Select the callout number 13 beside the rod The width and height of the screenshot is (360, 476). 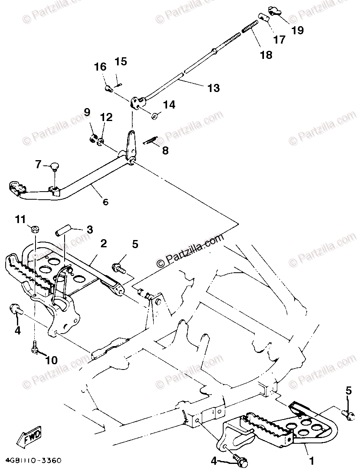point(213,88)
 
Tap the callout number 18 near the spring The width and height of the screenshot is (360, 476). point(266,54)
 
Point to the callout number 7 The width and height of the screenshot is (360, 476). point(38,164)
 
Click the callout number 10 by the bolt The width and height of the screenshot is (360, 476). point(52,359)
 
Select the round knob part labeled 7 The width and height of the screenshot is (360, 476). point(54,165)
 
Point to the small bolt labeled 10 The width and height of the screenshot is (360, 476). point(35,347)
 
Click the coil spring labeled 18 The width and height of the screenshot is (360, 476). point(250,28)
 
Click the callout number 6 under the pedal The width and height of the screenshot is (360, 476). point(106,202)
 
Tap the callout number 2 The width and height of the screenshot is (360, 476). point(104,243)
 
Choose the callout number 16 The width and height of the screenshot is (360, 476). point(100,67)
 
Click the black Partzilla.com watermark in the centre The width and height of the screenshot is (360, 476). point(190,250)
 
